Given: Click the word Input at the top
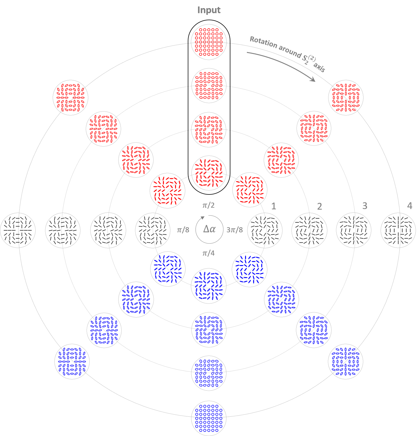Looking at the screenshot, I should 209,10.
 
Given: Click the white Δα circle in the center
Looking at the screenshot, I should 209,230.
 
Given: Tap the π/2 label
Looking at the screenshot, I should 208,205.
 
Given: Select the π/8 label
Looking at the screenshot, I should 183,230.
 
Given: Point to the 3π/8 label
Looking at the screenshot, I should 235,230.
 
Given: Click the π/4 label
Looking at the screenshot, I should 208,253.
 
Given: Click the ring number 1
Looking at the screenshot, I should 274,206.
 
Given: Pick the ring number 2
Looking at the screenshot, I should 319,207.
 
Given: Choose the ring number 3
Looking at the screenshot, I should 365,206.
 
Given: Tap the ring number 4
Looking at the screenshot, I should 409,206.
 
